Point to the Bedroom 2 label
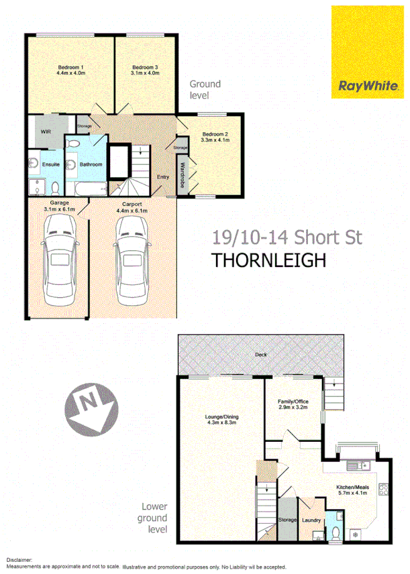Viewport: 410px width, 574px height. [216, 137]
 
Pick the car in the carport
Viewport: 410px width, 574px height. [131, 263]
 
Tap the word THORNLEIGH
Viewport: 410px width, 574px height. [268, 260]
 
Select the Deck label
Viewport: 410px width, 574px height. [260, 355]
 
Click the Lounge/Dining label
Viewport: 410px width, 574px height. [221, 420]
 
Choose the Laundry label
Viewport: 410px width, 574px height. [311, 520]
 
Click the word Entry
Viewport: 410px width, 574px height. [163, 177]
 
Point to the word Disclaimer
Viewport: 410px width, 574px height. [20, 559]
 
